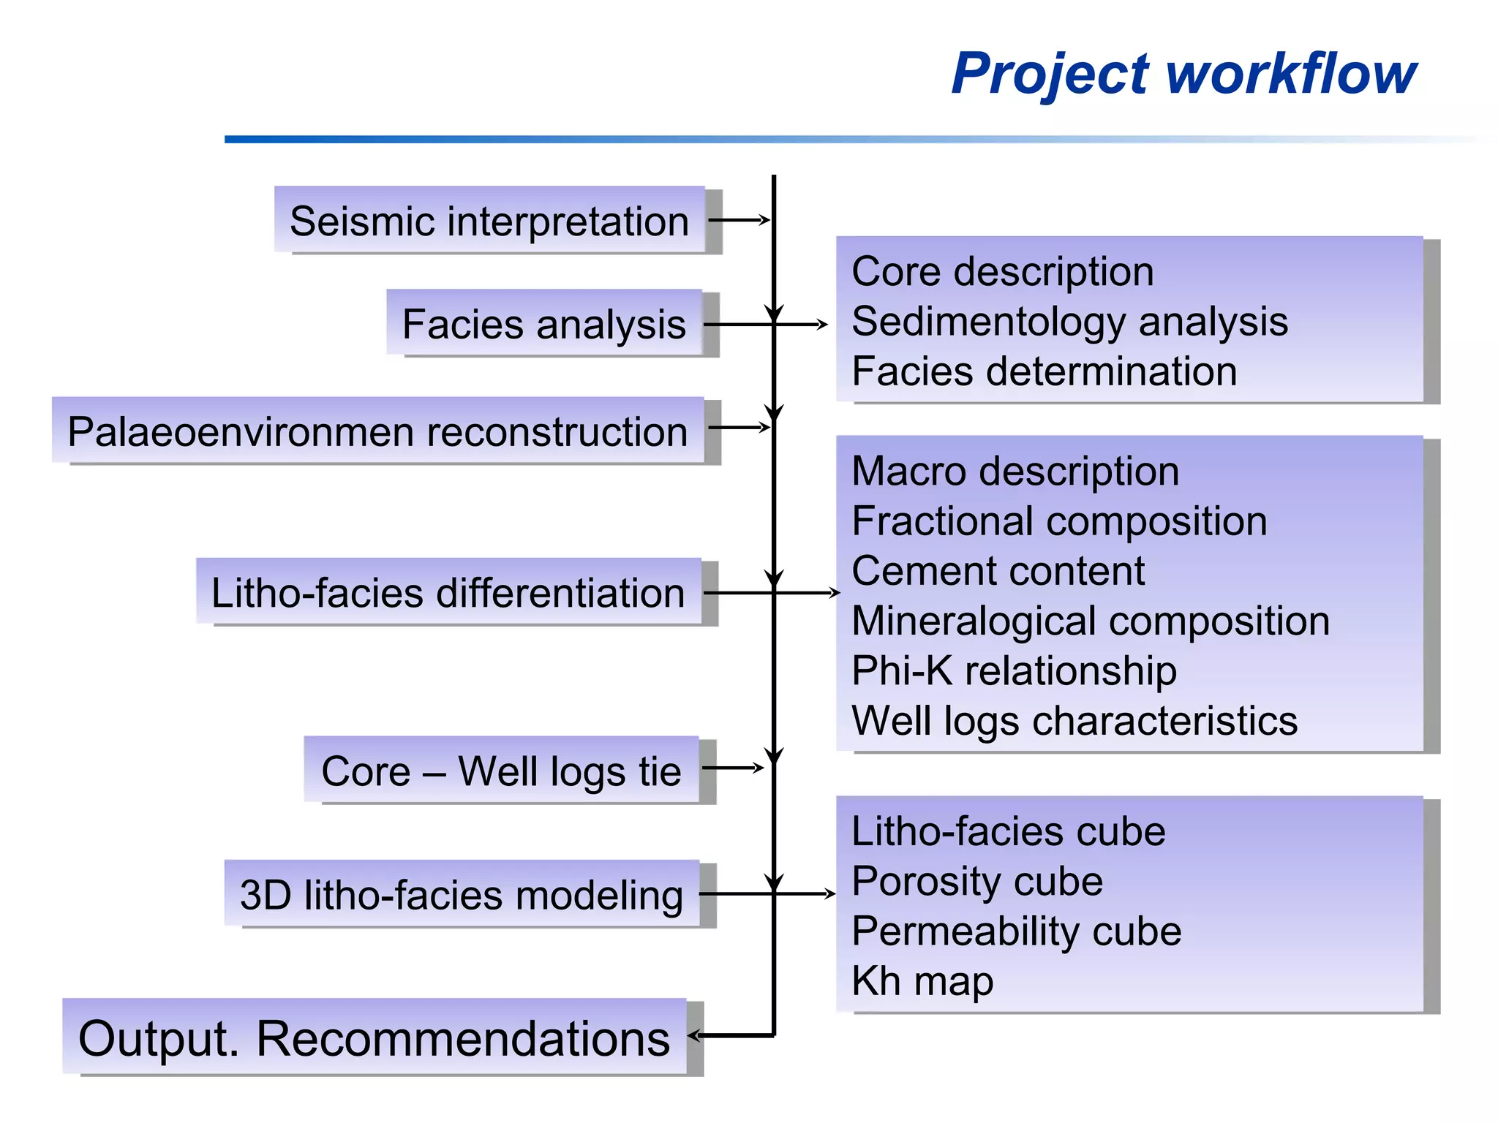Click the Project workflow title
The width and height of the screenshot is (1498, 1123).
pyautogui.click(x=1183, y=74)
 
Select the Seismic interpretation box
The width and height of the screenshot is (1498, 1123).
pyautogui.click(x=489, y=220)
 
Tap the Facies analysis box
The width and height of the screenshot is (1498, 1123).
pyautogui.click(x=544, y=323)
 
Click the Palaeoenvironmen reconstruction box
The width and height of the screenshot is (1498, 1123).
pyautogui.click(x=377, y=431)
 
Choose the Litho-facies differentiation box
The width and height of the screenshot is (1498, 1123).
pyautogui.click(x=448, y=591)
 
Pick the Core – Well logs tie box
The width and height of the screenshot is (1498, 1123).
pyautogui.click(x=501, y=771)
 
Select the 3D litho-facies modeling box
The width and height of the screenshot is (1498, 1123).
pyautogui.click(x=462, y=894)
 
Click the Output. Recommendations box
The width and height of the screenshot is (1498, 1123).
pyautogui.click(x=374, y=1037)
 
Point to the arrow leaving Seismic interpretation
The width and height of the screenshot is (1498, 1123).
pyautogui.click(x=739, y=219)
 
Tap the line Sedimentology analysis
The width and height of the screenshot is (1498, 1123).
pyautogui.click(x=1069, y=322)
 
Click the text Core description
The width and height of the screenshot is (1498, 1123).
pyautogui.click(x=1003, y=272)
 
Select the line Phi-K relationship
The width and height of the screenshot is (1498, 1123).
pyautogui.click(x=1014, y=670)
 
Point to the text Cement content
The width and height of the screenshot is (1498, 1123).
pyautogui.click(x=998, y=571)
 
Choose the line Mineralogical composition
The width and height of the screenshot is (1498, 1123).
pyautogui.click(x=1090, y=621)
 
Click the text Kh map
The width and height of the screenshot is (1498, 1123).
pyautogui.click(x=922, y=981)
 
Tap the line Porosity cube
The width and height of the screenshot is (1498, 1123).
pyautogui.click(x=977, y=881)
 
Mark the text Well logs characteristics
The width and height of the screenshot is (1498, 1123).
pyautogui.click(x=1074, y=721)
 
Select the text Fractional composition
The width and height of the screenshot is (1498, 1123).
pyautogui.click(x=1059, y=521)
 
